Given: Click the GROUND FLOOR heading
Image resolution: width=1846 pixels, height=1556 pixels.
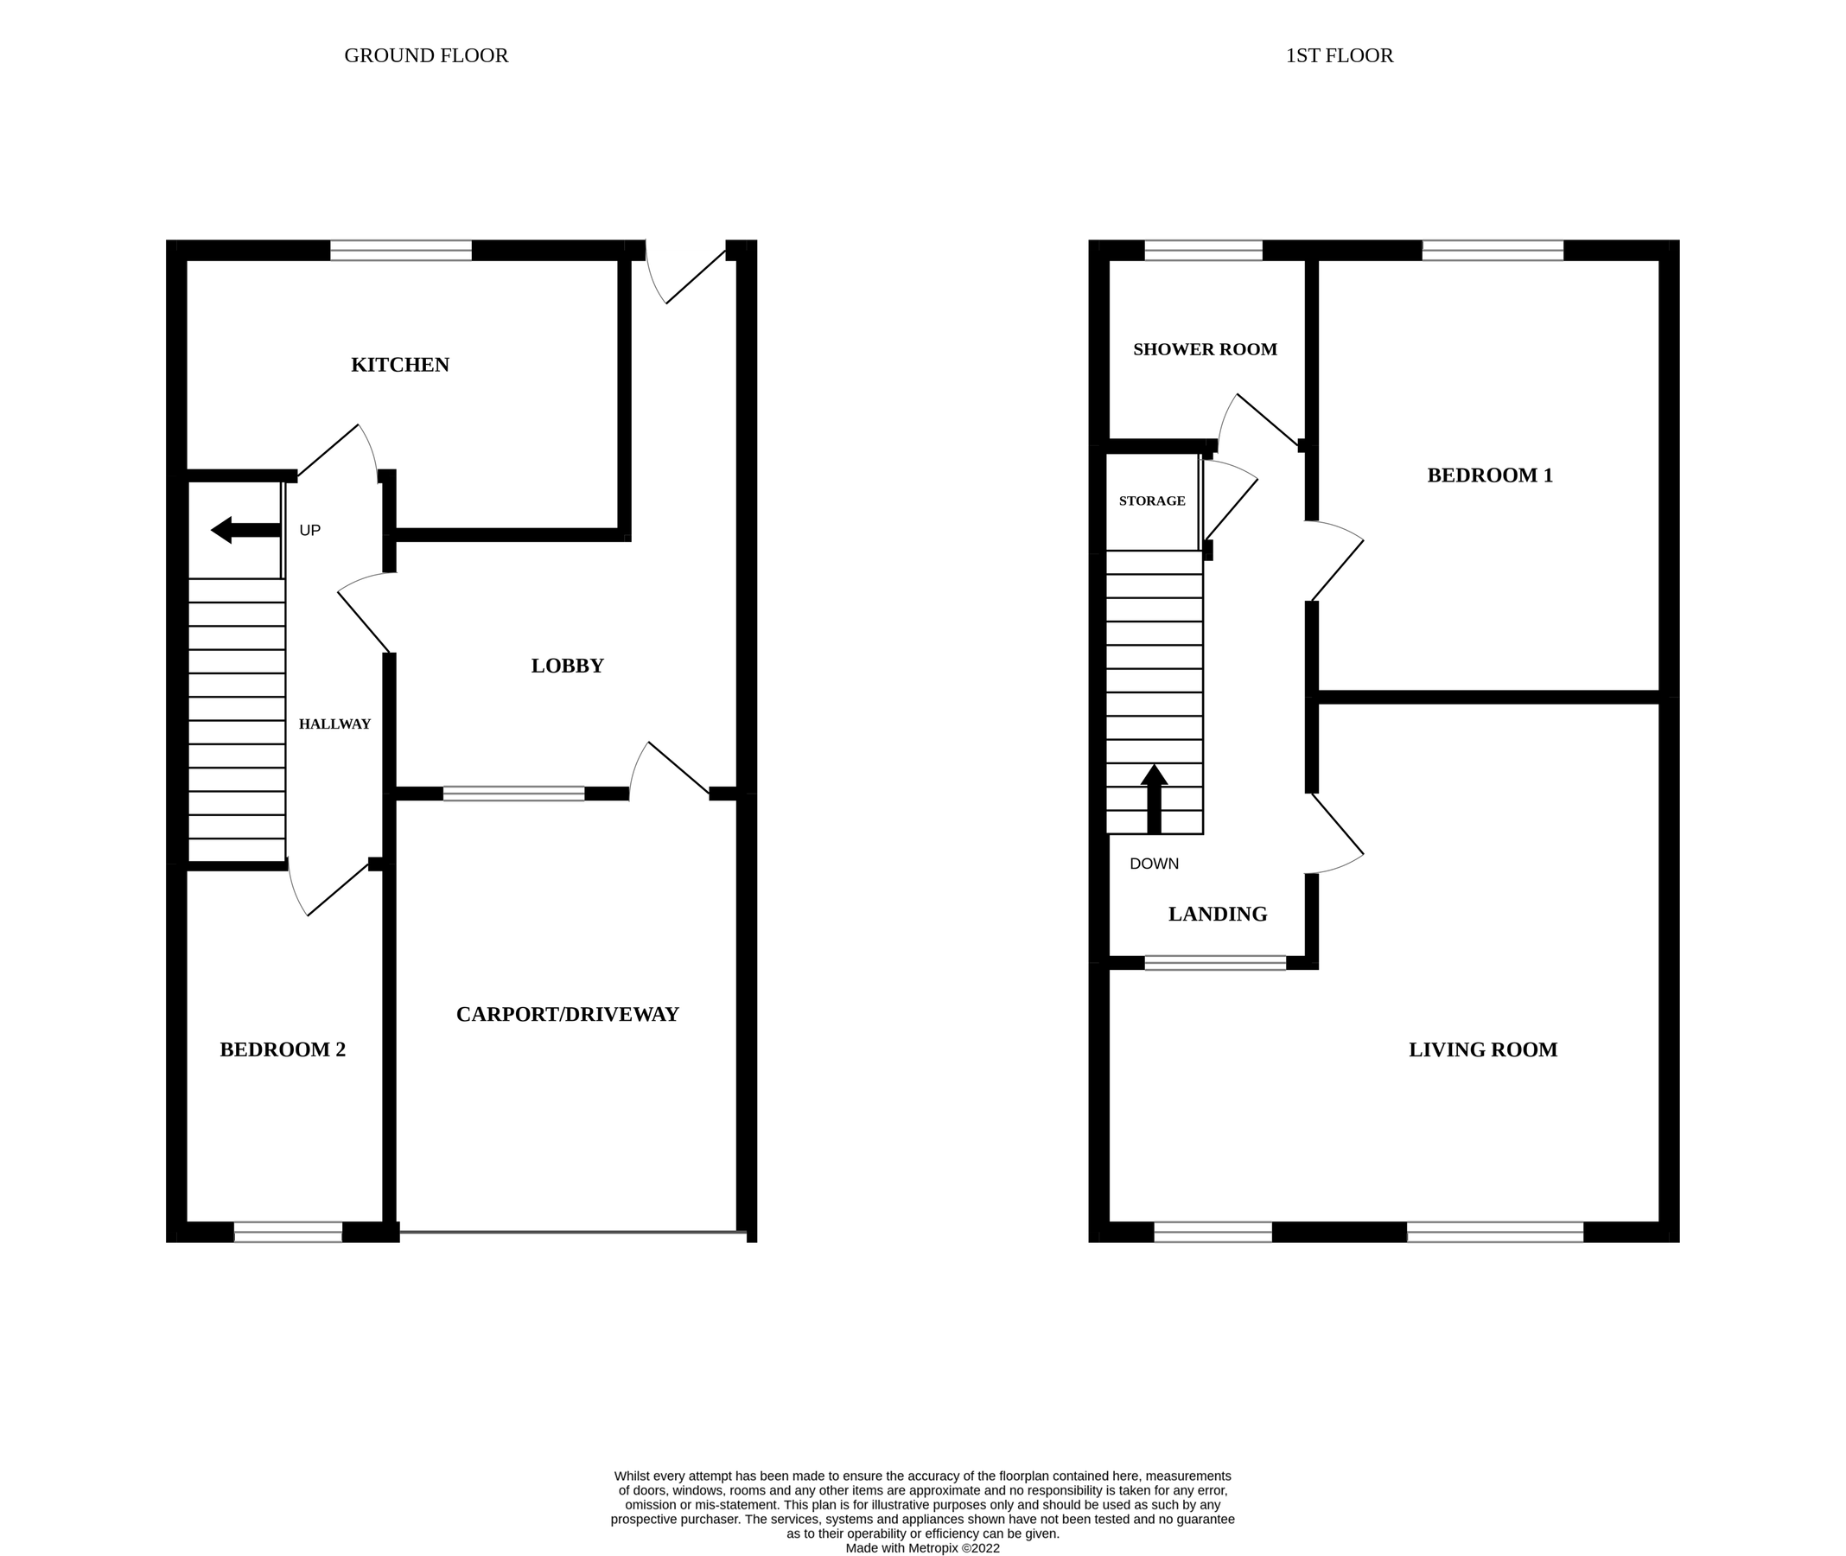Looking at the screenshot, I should point(426,55).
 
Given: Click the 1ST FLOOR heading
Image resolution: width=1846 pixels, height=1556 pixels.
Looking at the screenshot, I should point(1339,55).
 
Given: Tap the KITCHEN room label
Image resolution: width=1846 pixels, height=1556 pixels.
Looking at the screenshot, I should point(399,365).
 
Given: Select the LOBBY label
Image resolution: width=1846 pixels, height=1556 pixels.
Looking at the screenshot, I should point(567,666).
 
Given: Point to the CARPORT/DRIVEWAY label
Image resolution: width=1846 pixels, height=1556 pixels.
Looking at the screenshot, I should point(567,1014).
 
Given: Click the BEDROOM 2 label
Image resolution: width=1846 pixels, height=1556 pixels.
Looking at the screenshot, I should point(283,1049).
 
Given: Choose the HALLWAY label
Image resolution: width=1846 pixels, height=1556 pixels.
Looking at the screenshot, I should point(334,724).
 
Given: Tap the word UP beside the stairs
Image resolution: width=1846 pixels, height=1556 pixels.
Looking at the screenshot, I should point(309,530).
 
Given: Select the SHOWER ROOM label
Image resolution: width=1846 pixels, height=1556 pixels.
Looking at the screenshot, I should point(1205,349).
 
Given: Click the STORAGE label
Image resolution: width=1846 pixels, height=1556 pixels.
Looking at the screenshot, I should point(1152,501).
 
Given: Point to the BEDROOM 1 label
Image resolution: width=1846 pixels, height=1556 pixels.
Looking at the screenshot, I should point(1490,475).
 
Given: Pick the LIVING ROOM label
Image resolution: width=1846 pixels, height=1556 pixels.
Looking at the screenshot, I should point(1483,1049).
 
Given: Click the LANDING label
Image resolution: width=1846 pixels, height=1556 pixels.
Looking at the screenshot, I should point(1217,915).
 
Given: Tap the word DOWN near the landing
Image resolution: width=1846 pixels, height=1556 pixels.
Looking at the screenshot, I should point(1154,864).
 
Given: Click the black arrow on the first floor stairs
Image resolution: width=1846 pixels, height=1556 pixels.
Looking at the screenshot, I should point(1154,798).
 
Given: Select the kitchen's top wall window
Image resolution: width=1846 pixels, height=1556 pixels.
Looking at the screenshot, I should point(400,251).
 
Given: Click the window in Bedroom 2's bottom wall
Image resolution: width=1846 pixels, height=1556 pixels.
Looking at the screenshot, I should point(288,1233).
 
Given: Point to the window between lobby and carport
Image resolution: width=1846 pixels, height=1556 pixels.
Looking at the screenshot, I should point(513,793).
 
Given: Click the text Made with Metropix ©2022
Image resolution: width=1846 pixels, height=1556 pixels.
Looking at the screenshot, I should point(922,1547).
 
